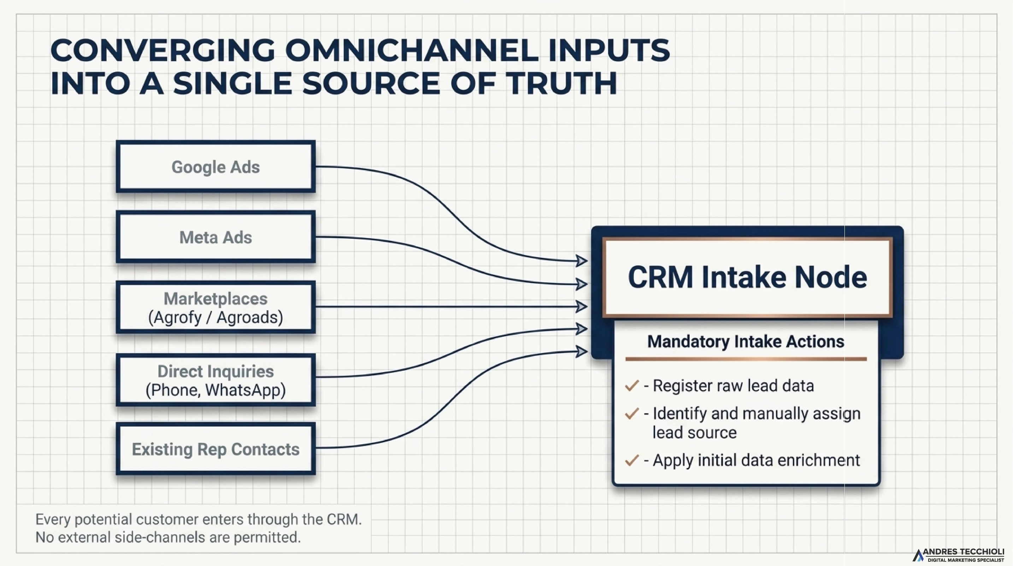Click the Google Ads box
pyautogui.click(x=216, y=167)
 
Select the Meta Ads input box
pyautogui.click(x=216, y=237)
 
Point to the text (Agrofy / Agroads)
pyautogui.click(x=216, y=317)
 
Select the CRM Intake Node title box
pyautogui.click(x=747, y=277)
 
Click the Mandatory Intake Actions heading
pyautogui.click(x=746, y=341)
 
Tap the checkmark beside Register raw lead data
pyautogui.click(x=631, y=386)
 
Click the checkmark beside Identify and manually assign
pyautogui.click(x=631, y=414)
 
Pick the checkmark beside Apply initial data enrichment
pyautogui.click(x=631, y=460)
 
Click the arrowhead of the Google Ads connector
pyautogui.click(x=581, y=261)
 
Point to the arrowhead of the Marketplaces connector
pyautogui.click(x=581, y=306)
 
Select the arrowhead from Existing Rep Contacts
pyautogui.click(x=581, y=351)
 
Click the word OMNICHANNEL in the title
pyautogui.click(x=411, y=50)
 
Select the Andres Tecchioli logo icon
pyautogui.click(x=918, y=555)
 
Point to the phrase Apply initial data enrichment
pyautogui.click(x=756, y=460)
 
